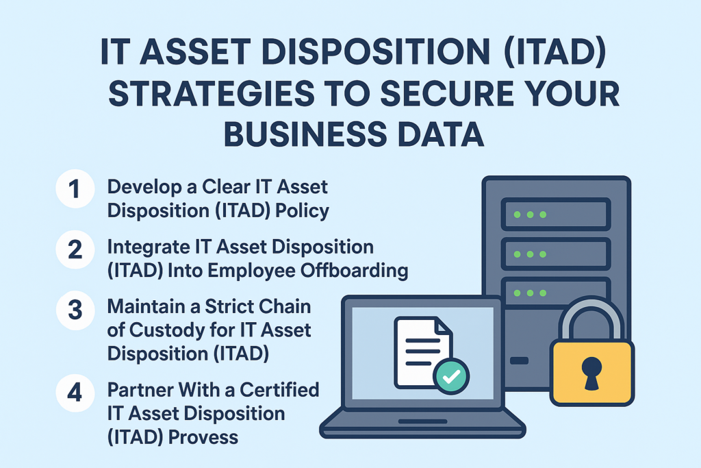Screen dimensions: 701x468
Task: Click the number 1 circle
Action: pyautogui.click(x=75, y=189)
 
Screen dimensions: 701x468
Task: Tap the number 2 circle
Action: pyautogui.click(x=75, y=249)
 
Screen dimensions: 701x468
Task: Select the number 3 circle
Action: pyautogui.click(x=75, y=310)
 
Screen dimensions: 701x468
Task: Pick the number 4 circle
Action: pyautogui.click(x=75, y=393)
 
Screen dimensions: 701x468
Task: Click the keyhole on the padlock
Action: pyautogui.click(x=591, y=373)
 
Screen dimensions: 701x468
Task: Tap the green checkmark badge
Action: pyautogui.click(x=450, y=376)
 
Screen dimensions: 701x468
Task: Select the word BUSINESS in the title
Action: pyautogui.click(x=305, y=134)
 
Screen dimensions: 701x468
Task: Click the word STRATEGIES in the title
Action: pyautogui.click(x=212, y=93)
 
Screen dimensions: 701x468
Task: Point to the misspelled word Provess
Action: pyautogui.click(x=203, y=437)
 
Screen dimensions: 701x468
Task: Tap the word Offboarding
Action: pyautogui.click(x=354, y=270)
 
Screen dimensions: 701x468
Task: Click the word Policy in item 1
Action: pyautogui.click(x=302, y=211)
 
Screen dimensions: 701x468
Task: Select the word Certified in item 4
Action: pyautogui.click(x=279, y=390)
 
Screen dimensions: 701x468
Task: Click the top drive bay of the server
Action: pyautogui.click(x=556, y=214)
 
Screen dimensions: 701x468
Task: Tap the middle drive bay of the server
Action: pyautogui.click(x=556, y=254)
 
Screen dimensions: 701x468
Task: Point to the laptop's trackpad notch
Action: pyautogui.click(x=422, y=421)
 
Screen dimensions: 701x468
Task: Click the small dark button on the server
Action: pyautogui.click(x=519, y=360)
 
